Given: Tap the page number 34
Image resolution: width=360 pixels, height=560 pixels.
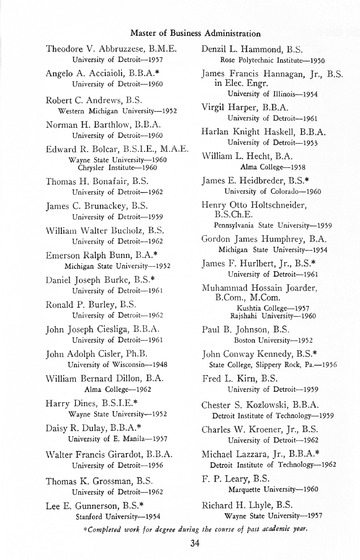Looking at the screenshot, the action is (180, 541).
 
